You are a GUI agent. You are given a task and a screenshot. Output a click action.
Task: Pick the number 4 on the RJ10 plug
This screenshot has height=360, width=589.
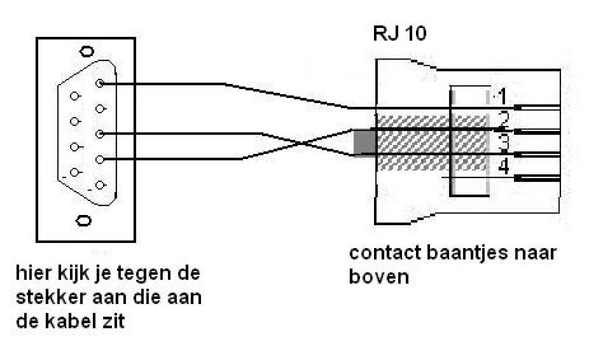[503, 167]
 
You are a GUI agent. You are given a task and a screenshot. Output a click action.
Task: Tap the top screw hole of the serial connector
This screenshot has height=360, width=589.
[88, 51]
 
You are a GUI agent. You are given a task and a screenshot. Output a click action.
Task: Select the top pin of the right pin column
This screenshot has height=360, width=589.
[99, 84]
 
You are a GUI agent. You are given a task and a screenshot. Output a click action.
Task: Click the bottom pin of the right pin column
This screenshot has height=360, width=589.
[99, 185]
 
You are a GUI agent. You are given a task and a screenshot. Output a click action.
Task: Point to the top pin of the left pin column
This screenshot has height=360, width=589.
[74, 96]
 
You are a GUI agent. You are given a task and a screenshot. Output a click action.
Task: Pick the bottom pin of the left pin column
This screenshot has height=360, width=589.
[74, 172]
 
